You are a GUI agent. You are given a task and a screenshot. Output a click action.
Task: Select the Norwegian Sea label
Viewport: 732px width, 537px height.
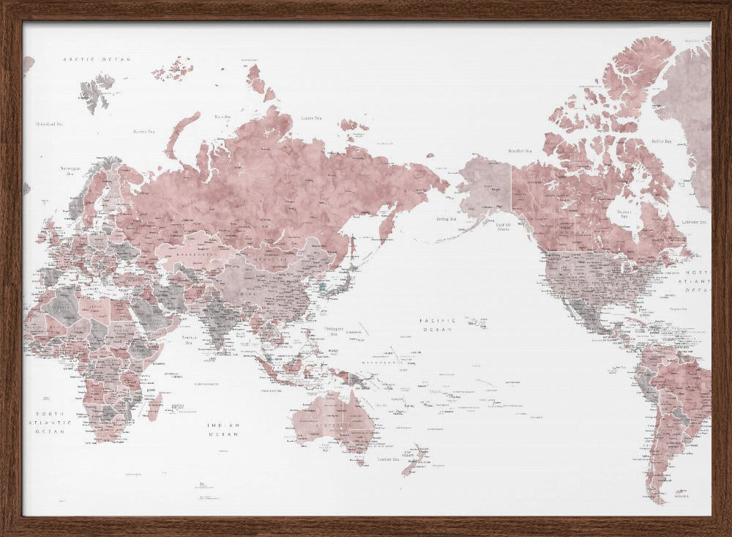click(x=70, y=171)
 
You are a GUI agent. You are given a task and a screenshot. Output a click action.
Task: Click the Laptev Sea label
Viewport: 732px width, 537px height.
click(x=312, y=118)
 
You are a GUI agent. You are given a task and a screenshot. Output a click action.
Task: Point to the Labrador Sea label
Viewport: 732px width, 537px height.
click(x=693, y=221)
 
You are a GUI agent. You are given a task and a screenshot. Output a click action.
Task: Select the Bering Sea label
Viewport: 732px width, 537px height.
click(x=447, y=218)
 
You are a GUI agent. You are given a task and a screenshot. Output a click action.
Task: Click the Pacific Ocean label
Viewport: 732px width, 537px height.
click(x=438, y=325)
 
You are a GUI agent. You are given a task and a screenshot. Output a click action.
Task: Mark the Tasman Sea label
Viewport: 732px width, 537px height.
click(x=387, y=459)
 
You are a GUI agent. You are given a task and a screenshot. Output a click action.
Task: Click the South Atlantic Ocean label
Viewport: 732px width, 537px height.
click(x=50, y=423)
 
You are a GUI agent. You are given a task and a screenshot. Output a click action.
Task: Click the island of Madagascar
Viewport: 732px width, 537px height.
click(x=155, y=405)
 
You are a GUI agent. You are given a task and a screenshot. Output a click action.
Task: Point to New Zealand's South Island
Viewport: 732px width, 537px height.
click(x=409, y=466)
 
